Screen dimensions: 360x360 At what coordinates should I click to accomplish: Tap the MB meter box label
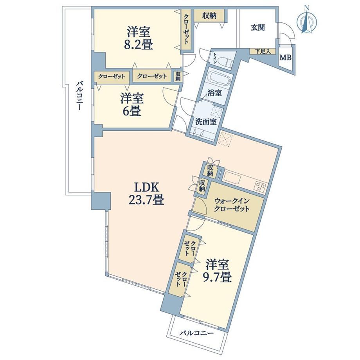pyautogui.click(x=285, y=58)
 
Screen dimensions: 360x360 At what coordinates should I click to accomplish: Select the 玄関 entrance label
pyautogui.click(x=257, y=27)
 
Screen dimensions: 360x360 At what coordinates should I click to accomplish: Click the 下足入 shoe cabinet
pyautogui.click(x=263, y=51)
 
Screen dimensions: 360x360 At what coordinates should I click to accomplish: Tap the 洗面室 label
pyautogui.click(x=206, y=122)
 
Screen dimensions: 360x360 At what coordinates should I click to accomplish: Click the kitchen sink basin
pyautogui.click(x=232, y=178)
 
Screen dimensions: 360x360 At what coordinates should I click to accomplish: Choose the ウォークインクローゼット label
pyautogui.click(x=232, y=205)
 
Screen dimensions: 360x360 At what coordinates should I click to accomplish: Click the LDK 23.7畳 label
pyautogui.click(x=146, y=194)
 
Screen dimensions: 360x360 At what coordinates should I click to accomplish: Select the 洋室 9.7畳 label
pyautogui.click(x=217, y=271)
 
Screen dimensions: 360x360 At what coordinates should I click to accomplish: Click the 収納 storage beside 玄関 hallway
pyautogui.click(x=209, y=16)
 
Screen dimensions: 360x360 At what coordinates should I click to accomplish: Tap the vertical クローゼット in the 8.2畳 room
pyautogui.click(x=186, y=29)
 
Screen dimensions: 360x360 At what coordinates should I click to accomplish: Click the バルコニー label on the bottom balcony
pyautogui.click(x=196, y=333)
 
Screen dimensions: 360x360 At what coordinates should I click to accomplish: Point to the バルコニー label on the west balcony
pyautogui.click(x=79, y=96)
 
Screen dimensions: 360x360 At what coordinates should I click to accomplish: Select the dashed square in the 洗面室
pyautogui.click(x=217, y=112)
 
